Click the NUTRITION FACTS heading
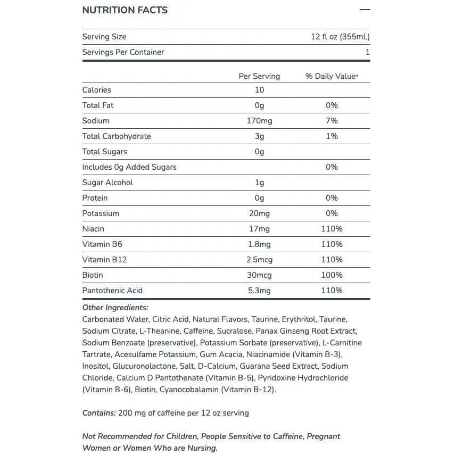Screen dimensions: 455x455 pos(125,10)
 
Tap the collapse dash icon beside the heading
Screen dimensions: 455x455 pos(365,10)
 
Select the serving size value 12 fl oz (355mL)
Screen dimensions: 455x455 pos(340,37)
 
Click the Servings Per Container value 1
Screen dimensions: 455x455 pos(367,52)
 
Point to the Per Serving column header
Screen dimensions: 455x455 pos(259,76)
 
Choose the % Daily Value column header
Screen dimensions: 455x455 pos(332,76)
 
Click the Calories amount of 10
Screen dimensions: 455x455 pos(259,90)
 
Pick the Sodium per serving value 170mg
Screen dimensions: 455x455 pos(259,121)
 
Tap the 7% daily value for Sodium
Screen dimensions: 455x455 pos(332,121)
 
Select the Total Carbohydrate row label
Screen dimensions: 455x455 pos(117,136)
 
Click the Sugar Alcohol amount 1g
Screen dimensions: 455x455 pos(259,183)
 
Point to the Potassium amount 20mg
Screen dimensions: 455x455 pos(259,213)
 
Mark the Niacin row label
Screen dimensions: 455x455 pos(93,229)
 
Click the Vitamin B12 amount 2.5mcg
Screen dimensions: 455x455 pos(259,260)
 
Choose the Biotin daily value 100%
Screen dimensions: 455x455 pos(332,275)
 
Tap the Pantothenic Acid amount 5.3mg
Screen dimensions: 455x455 pos(259,291)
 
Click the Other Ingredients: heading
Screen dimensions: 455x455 pos(115,308)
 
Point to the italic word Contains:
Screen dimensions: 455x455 pos(99,413)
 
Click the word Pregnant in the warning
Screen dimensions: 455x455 pos(322,436)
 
